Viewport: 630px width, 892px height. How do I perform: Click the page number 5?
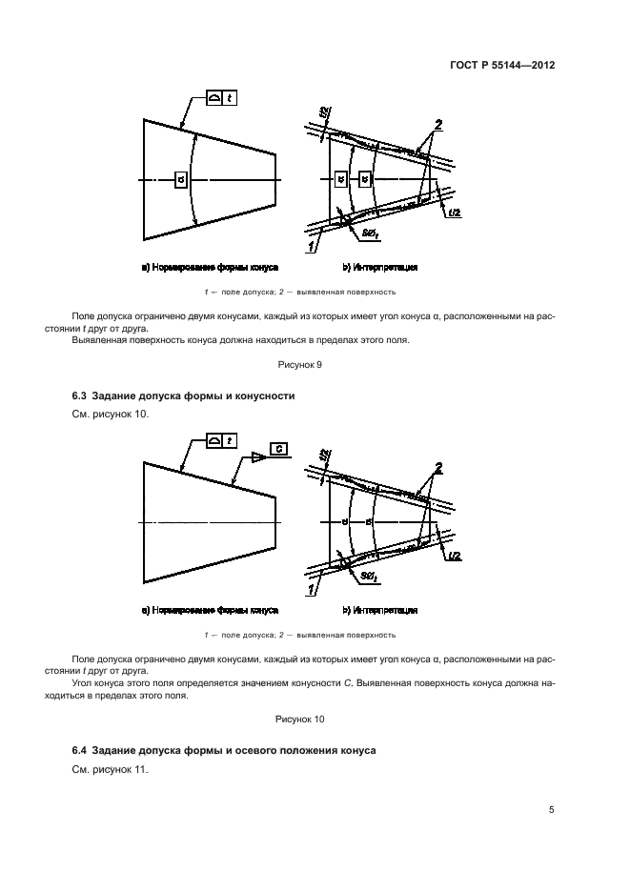(552, 810)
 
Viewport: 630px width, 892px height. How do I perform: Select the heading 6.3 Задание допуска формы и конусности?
(184, 395)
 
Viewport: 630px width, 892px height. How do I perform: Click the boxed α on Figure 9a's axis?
(181, 179)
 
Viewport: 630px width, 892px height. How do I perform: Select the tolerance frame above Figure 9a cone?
(222, 99)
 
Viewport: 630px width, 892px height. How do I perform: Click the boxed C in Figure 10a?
(278, 449)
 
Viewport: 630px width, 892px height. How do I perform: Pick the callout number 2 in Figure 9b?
(437, 125)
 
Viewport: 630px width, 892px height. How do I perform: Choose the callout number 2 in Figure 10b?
(437, 467)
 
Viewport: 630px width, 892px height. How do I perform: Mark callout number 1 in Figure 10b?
(311, 592)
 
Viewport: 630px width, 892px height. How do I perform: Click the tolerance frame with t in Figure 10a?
(222, 440)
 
